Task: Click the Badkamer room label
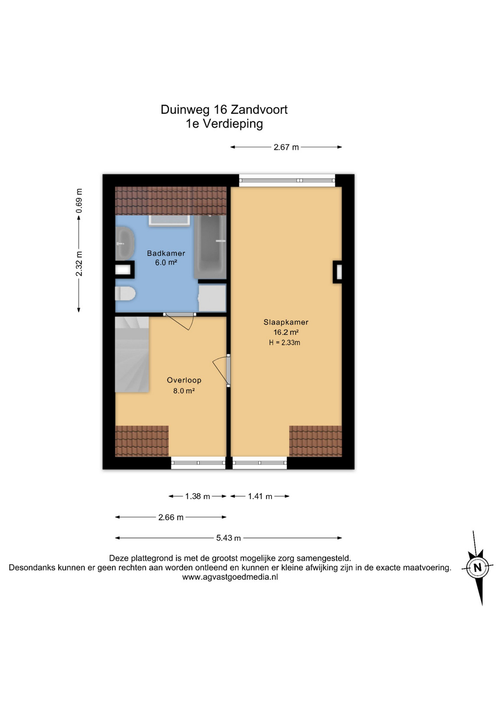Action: pos(166,253)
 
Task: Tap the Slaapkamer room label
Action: pos(286,322)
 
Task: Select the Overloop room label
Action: pos(184,380)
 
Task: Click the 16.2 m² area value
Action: pos(286,333)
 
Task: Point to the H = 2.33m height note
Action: pos(284,342)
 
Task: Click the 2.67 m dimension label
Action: pos(286,147)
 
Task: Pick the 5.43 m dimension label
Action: pos(229,538)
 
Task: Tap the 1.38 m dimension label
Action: pos(198,496)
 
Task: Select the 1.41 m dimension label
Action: pos(260,496)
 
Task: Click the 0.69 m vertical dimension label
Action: pos(79,201)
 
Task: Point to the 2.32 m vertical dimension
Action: pos(79,264)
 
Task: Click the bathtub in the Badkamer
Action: pos(210,247)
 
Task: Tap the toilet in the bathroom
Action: pos(125,293)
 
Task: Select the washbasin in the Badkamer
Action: pos(124,243)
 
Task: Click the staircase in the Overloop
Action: pos(132,355)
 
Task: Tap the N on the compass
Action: pos(477,567)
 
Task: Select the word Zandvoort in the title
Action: pos(259,110)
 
